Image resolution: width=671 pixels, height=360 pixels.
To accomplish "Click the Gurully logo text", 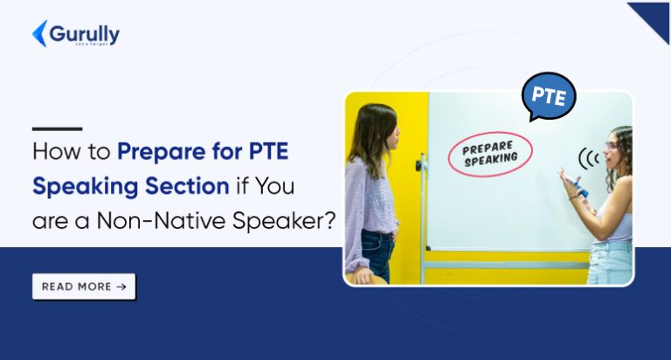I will pyautogui.click(x=85, y=33).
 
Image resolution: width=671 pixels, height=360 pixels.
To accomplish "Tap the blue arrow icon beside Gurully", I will pyautogui.click(x=39, y=33).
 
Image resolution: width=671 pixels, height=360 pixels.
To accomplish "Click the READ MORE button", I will pyautogui.click(x=84, y=287).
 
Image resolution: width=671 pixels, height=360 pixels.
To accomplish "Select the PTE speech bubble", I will pyautogui.click(x=548, y=96).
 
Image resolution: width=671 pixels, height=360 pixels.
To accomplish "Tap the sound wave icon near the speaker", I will pyautogui.click(x=588, y=159).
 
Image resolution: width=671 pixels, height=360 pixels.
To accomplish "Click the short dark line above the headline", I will pyautogui.click(x=57, y=128).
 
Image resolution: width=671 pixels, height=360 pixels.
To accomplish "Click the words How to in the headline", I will pyautogui.click(x=72, y=151).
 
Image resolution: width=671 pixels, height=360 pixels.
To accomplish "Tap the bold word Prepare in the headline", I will pyautogui.click(x=159, y=152).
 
